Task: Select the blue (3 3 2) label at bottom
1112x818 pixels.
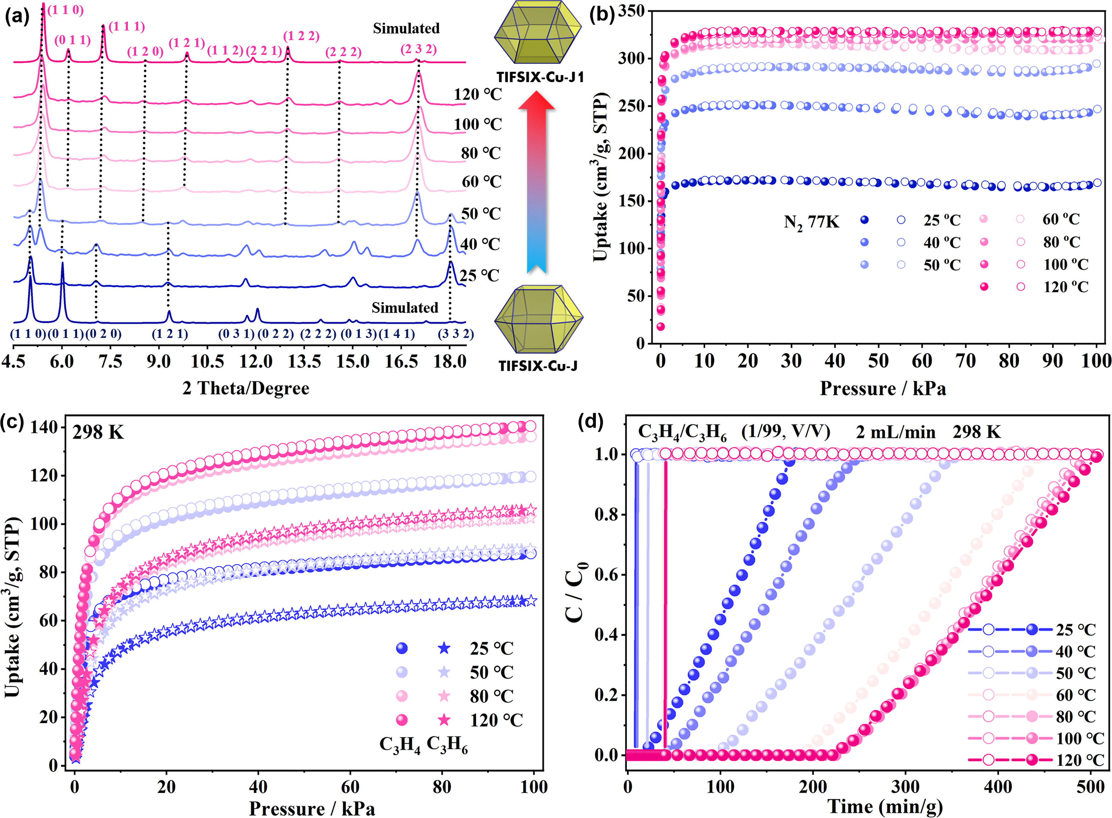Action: point(455,334)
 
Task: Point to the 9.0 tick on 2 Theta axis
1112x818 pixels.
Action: point(158,361)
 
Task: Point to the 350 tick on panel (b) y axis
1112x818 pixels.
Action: point(632,11)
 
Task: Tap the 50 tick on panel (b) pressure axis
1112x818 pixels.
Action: point(878,361)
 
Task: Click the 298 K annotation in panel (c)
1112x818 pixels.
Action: point(98,432)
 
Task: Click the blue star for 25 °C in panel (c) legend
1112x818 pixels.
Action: point(444,648)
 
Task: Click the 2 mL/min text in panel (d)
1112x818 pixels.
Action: point(896,432)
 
